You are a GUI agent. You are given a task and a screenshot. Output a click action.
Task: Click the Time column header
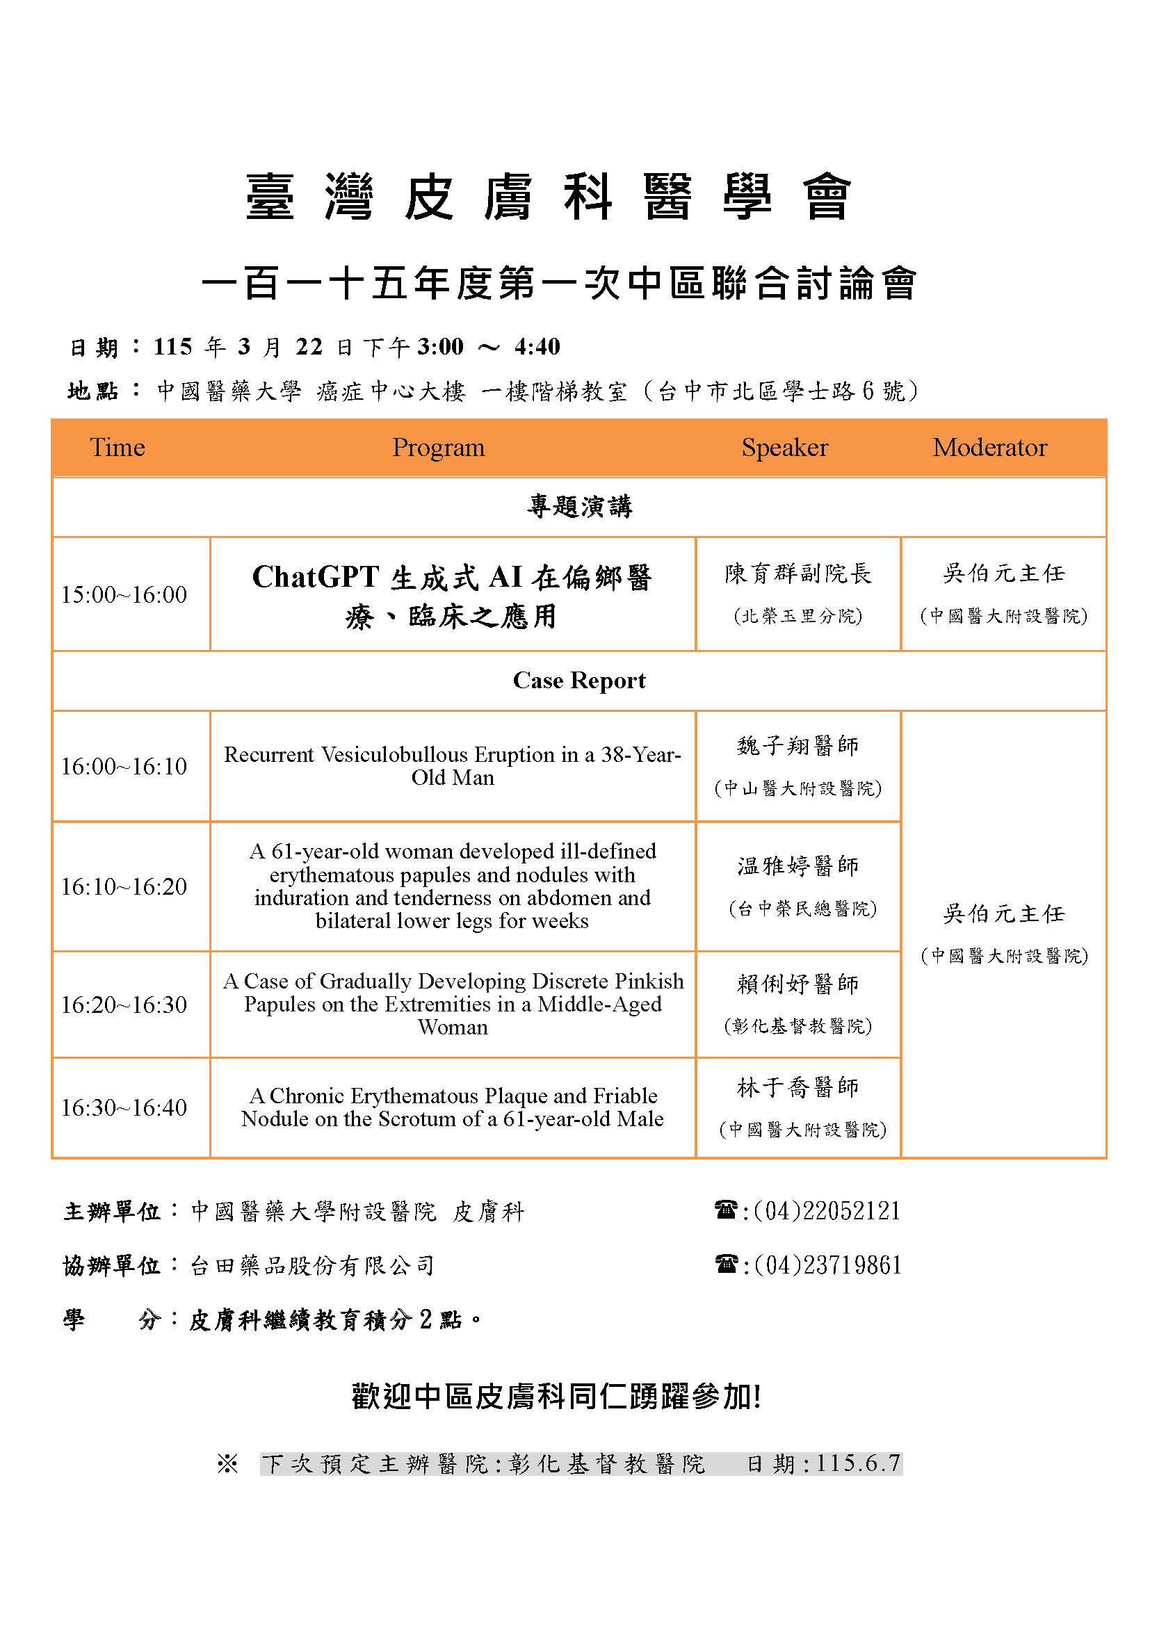(x=117, y=448)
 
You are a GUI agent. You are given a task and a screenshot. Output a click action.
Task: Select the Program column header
(x=438, y=448)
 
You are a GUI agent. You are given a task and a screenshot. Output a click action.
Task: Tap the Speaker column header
(x=784, y=448)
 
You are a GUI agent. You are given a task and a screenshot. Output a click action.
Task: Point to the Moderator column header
(x=989, y=448)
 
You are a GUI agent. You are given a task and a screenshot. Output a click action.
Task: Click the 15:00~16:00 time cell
(x=124, y=594)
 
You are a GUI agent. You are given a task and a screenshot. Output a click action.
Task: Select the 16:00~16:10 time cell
(x=124, y=766)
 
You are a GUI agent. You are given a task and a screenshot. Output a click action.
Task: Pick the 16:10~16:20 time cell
(x=124, y=886)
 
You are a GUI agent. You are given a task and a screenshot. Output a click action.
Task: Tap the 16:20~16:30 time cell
(x=124, y=1005)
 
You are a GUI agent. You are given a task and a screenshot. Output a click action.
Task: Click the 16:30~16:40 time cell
(x=124, y=1107)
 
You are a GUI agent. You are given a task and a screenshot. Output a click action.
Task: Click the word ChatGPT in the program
(x=316, y=577)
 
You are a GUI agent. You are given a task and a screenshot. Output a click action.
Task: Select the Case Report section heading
(x=578, y=681)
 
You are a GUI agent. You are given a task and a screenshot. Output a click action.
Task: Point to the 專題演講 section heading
(x=578, y=506)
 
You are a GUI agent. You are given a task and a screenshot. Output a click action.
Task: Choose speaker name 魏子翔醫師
(x=798, y=746)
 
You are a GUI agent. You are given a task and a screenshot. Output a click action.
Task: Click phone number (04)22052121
(x=827, y=1211)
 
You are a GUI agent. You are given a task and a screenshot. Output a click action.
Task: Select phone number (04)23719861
(x=827, y=1265)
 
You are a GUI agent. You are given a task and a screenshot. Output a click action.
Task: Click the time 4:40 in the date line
(x=537, y=346)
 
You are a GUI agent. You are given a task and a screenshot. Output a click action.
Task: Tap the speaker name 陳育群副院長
(x=798, y=574)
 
